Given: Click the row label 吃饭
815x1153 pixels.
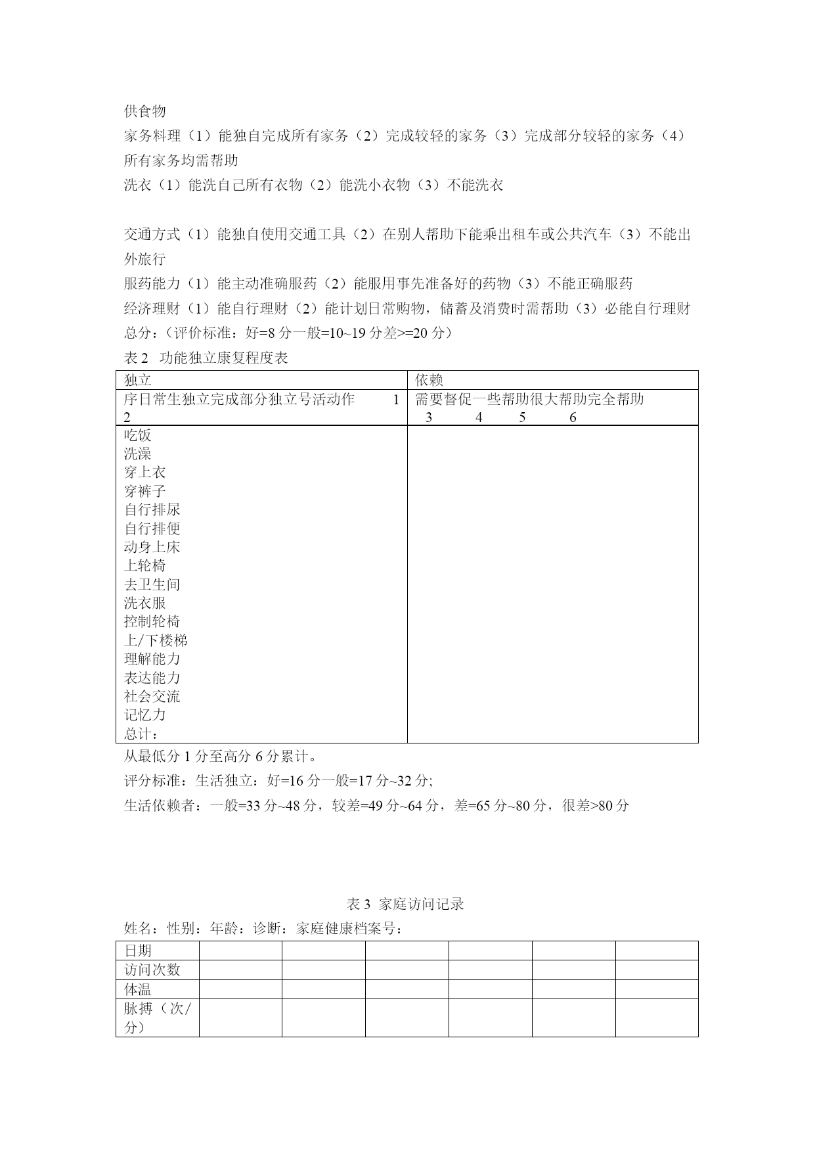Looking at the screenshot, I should pos(138,435).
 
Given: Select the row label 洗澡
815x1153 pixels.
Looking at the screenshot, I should pos(138,454).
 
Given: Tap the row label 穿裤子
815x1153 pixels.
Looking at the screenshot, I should pos(145,491).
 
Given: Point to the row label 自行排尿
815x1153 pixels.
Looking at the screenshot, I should pos(152,509).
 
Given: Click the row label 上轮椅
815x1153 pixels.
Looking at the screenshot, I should pos(145,565).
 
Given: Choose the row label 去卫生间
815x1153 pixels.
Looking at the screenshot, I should pos(152,584).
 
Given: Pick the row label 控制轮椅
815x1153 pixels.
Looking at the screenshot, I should pos(152,621).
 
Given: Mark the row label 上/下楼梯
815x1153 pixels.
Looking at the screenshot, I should pos(156,640).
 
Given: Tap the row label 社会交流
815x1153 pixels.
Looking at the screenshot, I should pos(152,696).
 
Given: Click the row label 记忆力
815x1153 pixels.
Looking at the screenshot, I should pos(145,715).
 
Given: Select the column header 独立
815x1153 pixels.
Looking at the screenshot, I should pos(138,380).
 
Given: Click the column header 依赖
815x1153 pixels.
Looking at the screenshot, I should pos(429,380).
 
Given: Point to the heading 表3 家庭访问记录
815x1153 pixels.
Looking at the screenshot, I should pos(405,904).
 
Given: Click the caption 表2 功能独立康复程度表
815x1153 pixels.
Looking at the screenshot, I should pos(206,358).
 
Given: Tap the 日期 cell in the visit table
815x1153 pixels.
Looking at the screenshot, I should pos(138,951).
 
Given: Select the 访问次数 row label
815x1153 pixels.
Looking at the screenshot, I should pos(152,970).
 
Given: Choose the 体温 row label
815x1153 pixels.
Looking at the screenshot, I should pos(138,989).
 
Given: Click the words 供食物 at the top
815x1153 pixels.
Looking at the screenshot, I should pos(144,111).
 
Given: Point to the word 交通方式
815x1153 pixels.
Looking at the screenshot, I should pos(152,235).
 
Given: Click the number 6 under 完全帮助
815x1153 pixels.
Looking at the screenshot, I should pos(573,417).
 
